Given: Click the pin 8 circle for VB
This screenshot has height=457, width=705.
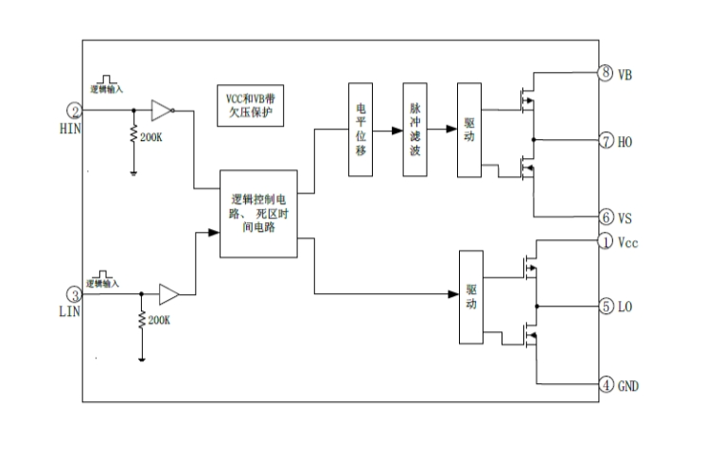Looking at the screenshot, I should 606,73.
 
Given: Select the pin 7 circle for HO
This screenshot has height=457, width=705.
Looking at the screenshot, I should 606,141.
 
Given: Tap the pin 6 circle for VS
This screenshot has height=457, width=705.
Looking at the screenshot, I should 606,217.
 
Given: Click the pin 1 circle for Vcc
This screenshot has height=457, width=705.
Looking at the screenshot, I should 606,242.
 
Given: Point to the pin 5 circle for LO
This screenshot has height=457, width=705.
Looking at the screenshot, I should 606,307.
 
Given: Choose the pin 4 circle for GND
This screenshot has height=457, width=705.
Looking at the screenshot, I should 606,385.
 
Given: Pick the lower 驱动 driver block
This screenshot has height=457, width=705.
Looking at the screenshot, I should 470,297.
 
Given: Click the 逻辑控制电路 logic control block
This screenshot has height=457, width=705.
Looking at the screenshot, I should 258,214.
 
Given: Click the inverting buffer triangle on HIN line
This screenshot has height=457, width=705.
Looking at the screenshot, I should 162,110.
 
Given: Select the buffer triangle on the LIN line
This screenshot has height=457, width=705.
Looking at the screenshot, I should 168,293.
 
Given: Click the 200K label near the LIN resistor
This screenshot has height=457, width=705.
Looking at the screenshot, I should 158,320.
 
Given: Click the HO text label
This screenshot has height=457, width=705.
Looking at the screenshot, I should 626,142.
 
